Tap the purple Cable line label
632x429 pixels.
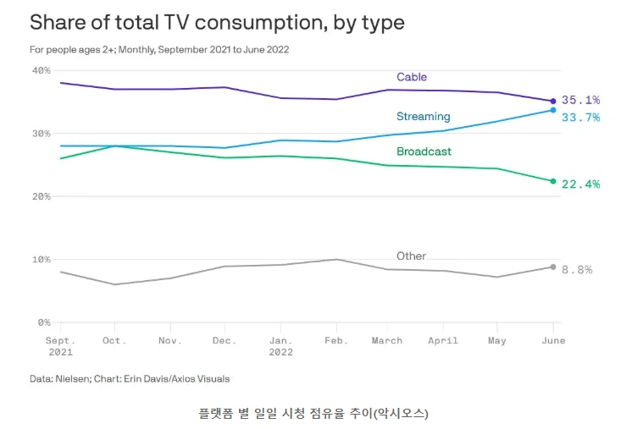412,77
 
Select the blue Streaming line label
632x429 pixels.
423,116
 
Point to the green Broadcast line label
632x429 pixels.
424,151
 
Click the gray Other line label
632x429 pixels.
411,256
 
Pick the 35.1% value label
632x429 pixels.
580,101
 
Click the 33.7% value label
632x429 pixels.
580,117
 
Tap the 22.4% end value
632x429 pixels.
580,184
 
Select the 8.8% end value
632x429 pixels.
577,269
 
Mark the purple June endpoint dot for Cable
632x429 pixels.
553,101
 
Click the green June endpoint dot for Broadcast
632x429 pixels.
553,181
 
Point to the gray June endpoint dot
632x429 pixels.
553,267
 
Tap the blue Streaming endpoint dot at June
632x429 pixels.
553,110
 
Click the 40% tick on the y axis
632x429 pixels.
42,70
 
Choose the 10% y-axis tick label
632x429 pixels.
42,259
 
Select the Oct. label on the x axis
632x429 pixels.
114,340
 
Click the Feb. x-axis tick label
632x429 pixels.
337,340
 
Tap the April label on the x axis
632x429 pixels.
443,340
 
